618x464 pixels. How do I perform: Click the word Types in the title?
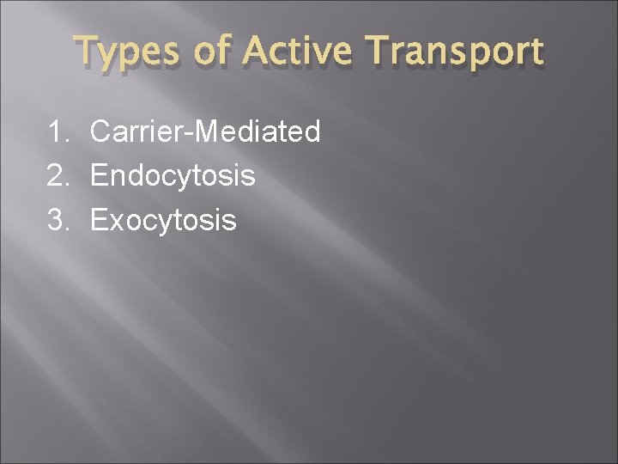(x=126, y=52)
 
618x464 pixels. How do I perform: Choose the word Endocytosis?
(x=173, y=176)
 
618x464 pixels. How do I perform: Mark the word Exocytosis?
(x=163, y=221)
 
